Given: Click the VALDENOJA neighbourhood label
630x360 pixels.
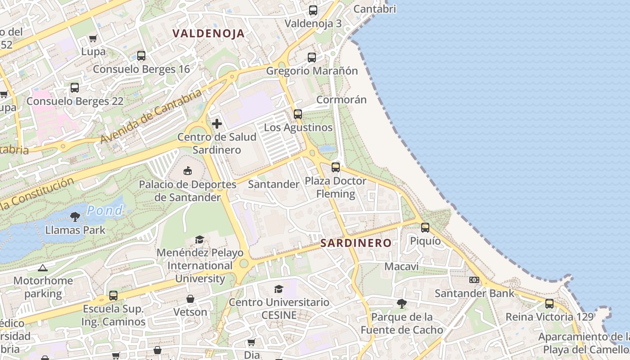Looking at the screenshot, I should pyautogui.click(x=208, y=33).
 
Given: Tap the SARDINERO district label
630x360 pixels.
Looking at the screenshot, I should pyautogui.click(x=355, y=243).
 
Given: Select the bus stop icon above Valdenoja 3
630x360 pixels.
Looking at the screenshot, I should pyautogui.click(x=313, y=10).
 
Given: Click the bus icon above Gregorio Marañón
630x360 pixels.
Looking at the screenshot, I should pyautogui.click(x=312, y=58).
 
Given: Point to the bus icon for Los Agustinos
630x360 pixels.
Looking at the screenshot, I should pyautogui.click(x=298, y=114).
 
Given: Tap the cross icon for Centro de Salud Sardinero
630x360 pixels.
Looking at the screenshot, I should pyautogui.click(x=217, y=124).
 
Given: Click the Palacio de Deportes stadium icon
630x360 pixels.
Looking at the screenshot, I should pyautogui.click(x=188, y=171).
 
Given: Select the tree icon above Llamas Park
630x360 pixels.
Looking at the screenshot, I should pyautogui.click(x=75, y=217).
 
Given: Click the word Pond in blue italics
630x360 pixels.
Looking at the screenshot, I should pyautogui.click(x=105, y=210).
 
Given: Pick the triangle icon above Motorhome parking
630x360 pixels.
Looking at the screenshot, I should pyautogui.click(x=43, y=268).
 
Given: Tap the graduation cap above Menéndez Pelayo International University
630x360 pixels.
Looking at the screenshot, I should pyautogui.click(x=199, y=239).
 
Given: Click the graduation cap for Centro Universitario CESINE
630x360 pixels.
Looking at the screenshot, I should pyautogui.click(x=279, y=289).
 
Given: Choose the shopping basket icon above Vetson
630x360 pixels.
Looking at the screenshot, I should pyautogui.click(x=190, y=299).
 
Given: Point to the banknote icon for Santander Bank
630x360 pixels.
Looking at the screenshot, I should pyautogui.click(x=474, y=280).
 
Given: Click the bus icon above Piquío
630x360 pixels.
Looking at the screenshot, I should pyautogui.click(x=425, y=228).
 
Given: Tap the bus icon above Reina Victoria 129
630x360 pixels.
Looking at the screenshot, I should pyautogui.click(x=549, y=304).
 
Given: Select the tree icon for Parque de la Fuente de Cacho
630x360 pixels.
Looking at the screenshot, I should pyautogui.click(x=402, y=304).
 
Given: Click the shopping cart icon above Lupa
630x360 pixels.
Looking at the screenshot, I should pyautogui.click(x=93, y=39).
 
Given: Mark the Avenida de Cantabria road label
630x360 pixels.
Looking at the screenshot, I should pyautogui.click(x=151, y=117).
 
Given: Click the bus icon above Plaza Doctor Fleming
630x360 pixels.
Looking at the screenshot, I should pyautogui.click(x=336, y=167).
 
